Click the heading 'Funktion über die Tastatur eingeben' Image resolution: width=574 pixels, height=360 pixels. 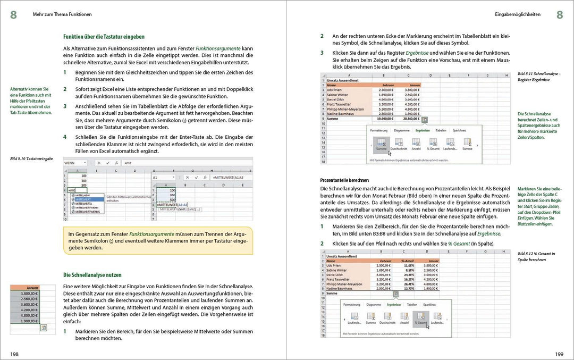pos(104,37)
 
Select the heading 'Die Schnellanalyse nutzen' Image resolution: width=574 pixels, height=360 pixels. pos(92,275)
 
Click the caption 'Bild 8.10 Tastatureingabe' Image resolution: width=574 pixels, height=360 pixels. pos(32,158)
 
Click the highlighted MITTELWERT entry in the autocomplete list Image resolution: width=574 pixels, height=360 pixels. pos(84,199)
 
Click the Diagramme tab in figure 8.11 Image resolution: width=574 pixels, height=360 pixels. pos(401,130)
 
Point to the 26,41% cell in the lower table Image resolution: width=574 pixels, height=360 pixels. pos(409,283)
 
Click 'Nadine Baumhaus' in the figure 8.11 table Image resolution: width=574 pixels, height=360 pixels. pos(341,114)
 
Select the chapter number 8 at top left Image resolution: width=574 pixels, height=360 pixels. pos(13,14)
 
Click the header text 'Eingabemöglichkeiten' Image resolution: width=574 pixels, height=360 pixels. pos(518,15)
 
